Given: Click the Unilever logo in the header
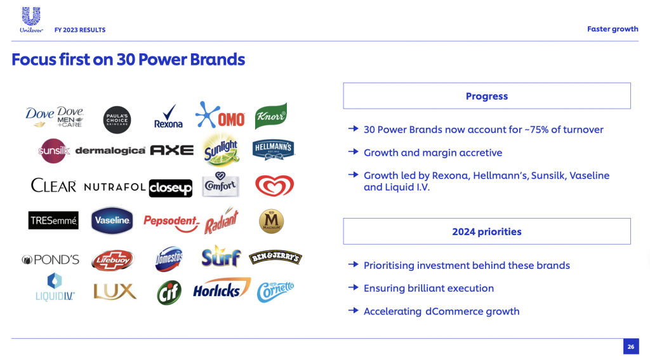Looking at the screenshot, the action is click(x=31, y=20).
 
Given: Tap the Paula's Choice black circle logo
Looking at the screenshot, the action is click(x=117, y=120).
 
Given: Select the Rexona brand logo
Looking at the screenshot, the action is click(x=168, y=116).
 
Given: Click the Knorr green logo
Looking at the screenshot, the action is click(x=271, y=116).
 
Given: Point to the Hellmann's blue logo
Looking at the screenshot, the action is click(x=273, y=149).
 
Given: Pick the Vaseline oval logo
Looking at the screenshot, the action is click(x=112, y=221).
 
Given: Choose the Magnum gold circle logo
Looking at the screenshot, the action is click(x=272, y=221).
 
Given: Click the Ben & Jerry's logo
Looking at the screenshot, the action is click(x=275, y=257).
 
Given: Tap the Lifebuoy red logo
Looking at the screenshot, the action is click(x=113, y=260).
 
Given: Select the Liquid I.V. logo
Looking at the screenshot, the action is click(x=55, y=287).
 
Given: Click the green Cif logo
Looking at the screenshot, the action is click(x=169, y=292).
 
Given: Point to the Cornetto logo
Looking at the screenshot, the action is click(x=275, y=292).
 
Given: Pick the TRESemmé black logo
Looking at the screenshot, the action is click(x=53, y=221).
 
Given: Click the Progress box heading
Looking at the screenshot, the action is click(x=487, y=96).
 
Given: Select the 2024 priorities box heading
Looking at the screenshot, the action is click(x=487, y=231).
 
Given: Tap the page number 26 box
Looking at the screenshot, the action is click(x=631, y=346).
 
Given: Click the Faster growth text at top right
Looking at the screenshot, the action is click(x=613, y=29).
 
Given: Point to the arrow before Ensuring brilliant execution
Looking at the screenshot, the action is click(x=353, y=287).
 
